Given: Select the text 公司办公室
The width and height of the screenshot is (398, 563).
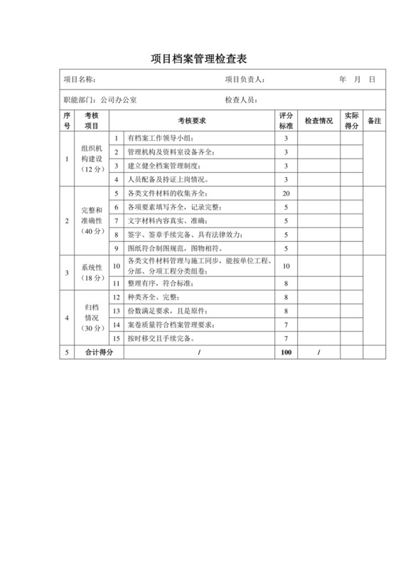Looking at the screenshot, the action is pyautogui.click(x=119, y=100).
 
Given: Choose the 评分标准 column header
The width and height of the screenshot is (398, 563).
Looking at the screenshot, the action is pyautogui.click(x=286, y=121).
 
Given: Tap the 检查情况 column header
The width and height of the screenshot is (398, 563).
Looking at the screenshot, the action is pyautogui.click(x=318, y=121).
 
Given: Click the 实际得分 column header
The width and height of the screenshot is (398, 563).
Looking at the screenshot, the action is pyautogui.click(x=352, y=121).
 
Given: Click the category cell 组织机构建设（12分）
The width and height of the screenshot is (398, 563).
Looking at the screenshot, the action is pyautogui.click(x=92, y=159).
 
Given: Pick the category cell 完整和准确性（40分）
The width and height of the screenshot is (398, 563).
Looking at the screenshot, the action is pyautogui.click(x=92, y=220).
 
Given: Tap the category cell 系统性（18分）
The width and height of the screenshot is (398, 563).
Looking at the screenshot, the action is pyautogui.click(x=92, y=273).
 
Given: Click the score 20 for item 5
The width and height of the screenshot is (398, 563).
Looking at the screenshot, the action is pyautogui.click(x=286, y=194).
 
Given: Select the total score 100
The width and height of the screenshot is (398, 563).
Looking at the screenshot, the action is pyautogui.click(x=286, y=352).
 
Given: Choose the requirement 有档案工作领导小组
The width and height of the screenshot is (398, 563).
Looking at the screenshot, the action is pyautogui.click(x=160, y=138).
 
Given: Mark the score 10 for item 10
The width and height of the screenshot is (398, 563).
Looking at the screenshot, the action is pyautogui.click(x=286, y=265).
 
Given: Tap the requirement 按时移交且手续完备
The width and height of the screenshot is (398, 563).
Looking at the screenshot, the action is pyautogui.click(x=165, y=338).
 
